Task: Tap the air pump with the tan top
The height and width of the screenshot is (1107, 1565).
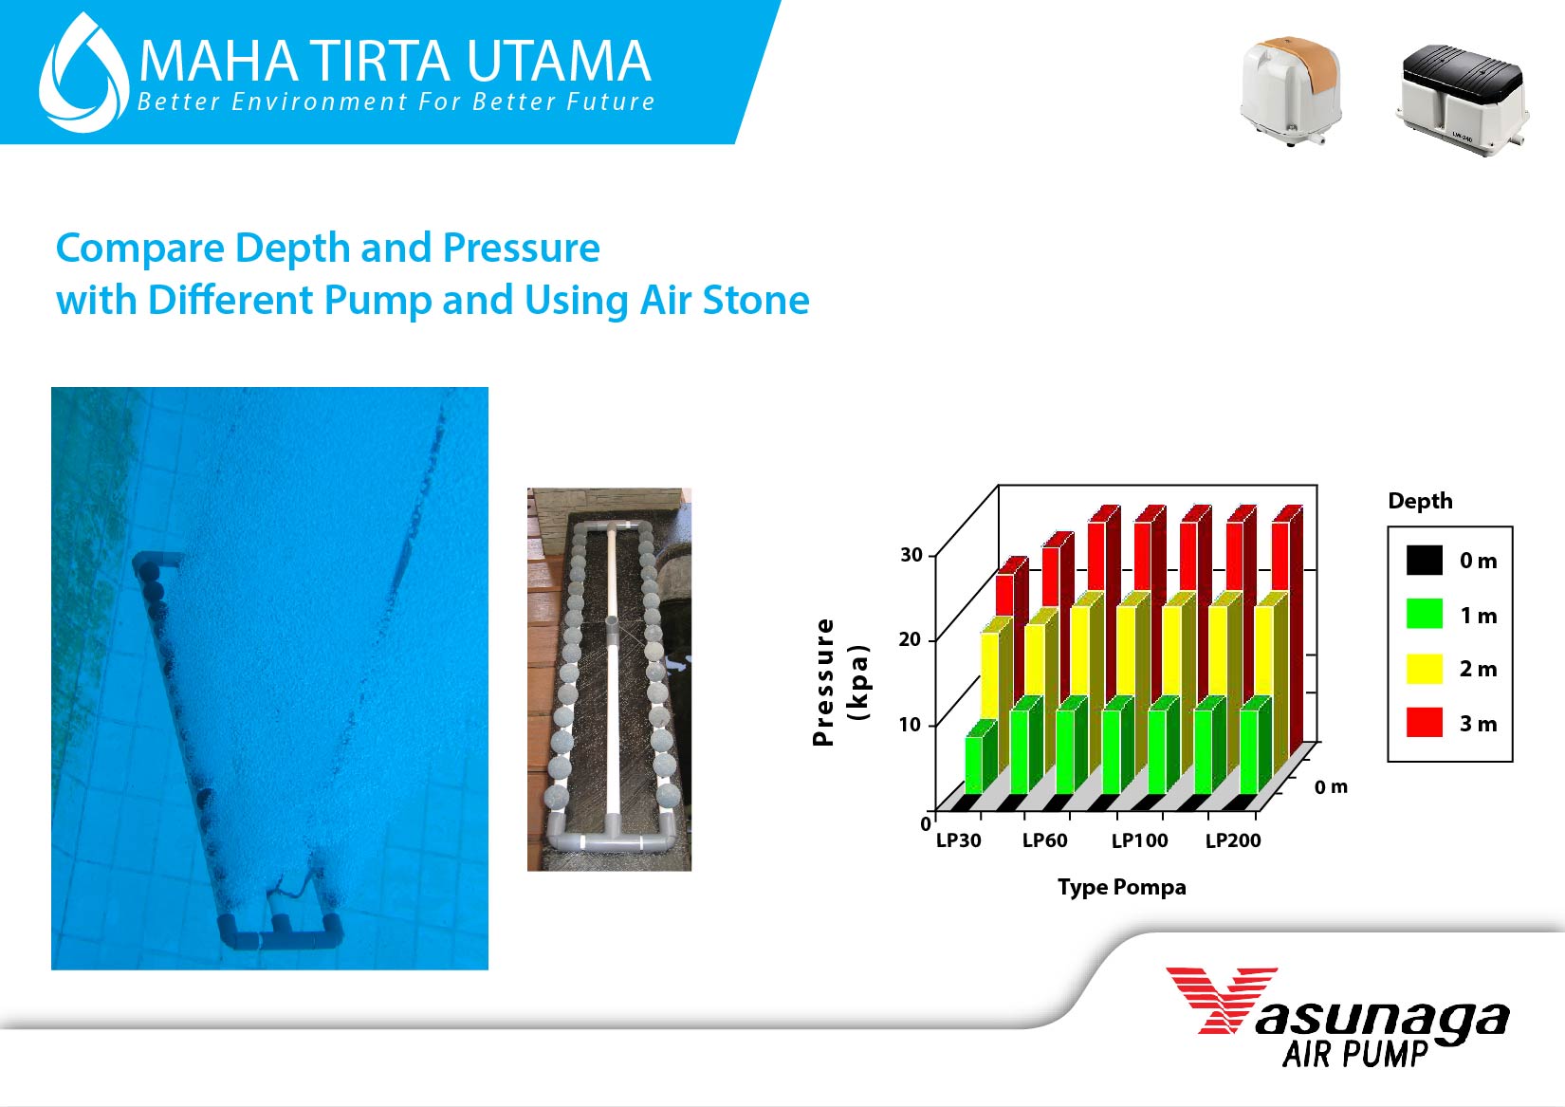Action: [x=1291, y=91]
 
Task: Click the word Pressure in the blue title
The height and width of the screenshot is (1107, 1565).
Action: [x=522, y=249]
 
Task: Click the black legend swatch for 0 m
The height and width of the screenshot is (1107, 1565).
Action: [x=1425, y=560]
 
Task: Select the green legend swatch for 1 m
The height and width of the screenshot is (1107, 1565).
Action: [x=1425, y=614]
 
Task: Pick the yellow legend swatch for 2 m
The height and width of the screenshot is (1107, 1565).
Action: [x=1425, y=669]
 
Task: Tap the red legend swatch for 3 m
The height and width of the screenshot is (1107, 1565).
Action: [x=1425, y=723]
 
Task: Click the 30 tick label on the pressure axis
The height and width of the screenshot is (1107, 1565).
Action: [x=911, y=555]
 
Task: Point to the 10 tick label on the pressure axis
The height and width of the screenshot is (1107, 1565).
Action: [x=910, y=725]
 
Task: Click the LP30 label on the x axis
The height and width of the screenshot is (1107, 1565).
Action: [x=959, y=840]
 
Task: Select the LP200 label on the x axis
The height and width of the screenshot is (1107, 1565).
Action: [x=1233, y=840]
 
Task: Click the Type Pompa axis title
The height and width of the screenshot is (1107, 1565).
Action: [x=1122, y=888]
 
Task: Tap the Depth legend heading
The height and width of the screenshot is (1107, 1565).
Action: [x=1420, y=501]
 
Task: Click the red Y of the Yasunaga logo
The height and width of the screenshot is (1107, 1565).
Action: [x=1222, y=1000]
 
